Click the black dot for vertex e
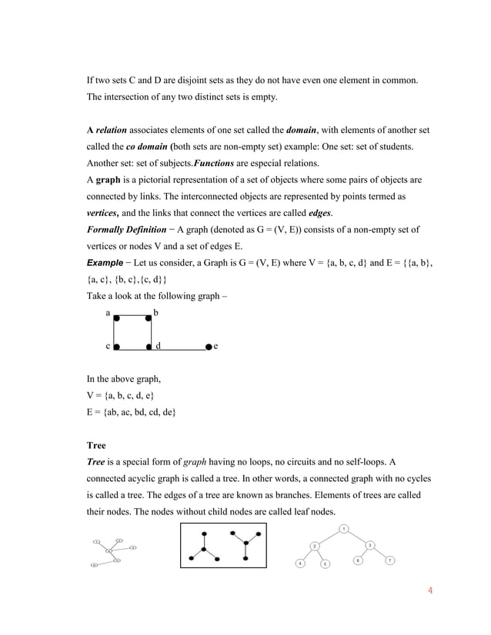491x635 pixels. (209, 347)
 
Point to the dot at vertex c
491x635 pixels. (116, 347)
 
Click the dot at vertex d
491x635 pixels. (149, 347)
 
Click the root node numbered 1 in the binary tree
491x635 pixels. (343, 528)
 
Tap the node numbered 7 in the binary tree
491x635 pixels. (389, 560)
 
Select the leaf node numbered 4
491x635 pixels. (299, 564)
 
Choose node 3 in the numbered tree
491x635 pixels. (369, 545)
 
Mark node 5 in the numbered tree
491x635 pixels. (325, 564)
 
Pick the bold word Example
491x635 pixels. (106, 264)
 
